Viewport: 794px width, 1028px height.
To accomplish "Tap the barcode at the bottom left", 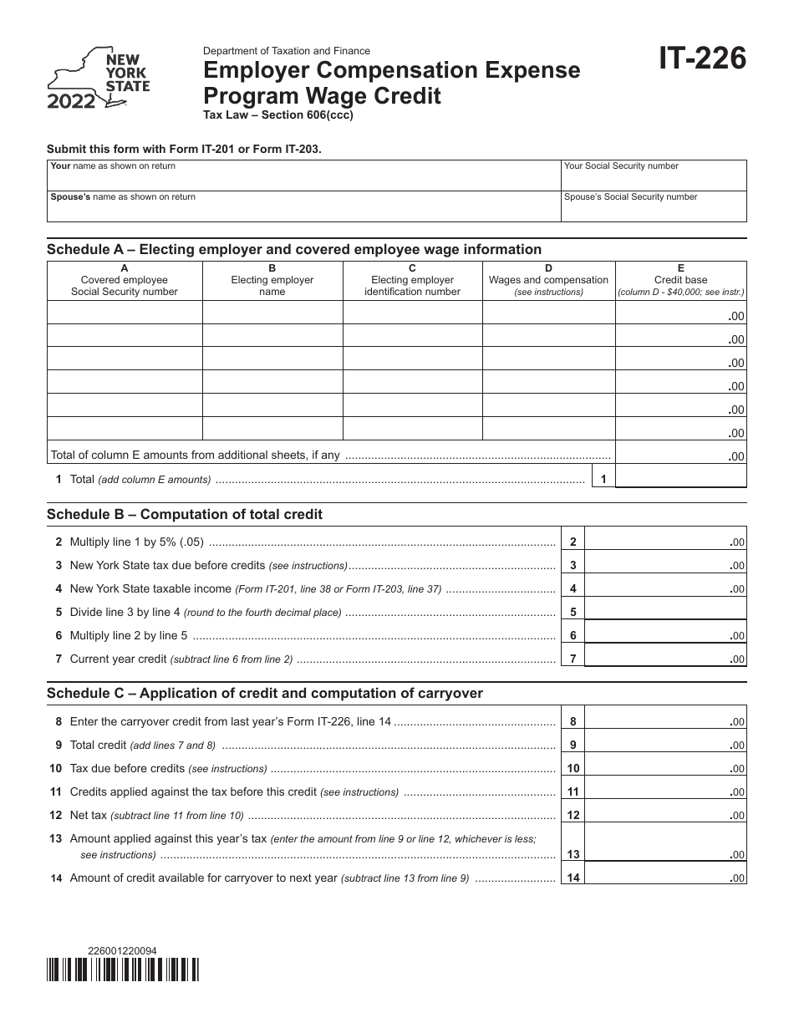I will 123,969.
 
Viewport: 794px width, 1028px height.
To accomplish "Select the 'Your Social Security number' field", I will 654,176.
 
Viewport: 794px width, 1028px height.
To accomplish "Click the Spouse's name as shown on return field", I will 303,206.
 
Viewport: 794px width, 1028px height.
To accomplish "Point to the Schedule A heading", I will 294,249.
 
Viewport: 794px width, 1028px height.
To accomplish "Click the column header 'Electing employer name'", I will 272,286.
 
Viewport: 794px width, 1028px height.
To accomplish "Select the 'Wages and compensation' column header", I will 548,286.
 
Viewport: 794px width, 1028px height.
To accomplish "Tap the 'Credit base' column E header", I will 680,286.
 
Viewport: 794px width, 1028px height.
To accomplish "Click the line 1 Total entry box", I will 680,477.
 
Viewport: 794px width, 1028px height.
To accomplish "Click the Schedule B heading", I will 185,514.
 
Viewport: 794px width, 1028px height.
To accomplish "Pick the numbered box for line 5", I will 573,613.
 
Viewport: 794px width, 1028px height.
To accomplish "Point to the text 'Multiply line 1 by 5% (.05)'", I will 136,542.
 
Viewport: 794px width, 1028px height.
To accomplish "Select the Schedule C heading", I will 265,693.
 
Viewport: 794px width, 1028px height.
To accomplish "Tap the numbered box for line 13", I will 573,854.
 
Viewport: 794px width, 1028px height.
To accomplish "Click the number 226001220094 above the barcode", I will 122,950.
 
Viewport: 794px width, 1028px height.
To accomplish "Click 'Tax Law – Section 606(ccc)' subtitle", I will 278,116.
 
